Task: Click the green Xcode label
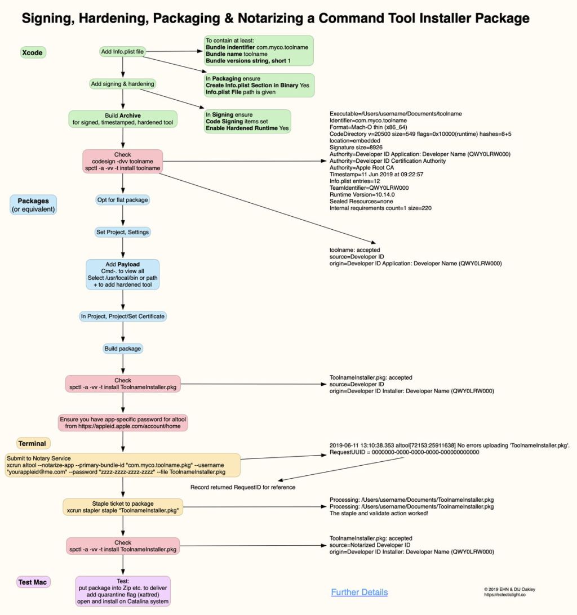[x=33, y=53]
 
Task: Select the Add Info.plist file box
[x=122, y=52]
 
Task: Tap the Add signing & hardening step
[x=122, y=84]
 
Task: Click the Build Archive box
[x=123, y=119]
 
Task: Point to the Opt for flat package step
[x=123, y=199]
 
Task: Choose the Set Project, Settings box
[x=123, y=231]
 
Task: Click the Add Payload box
[x=123, y=274]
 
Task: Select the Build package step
[x=123, y=349]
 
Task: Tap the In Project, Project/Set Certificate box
[x=123, y=317]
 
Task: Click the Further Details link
[x=359, y=592]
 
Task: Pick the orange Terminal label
[x=33, y=443]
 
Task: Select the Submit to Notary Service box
[x=123, y=465]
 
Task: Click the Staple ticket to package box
[x=123, y=507]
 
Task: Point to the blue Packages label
[x=33, y=205]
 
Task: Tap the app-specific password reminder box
[x=123, y=423]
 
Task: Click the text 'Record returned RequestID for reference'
[x=243, y=487]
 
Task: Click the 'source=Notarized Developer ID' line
[x=370, y=545]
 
